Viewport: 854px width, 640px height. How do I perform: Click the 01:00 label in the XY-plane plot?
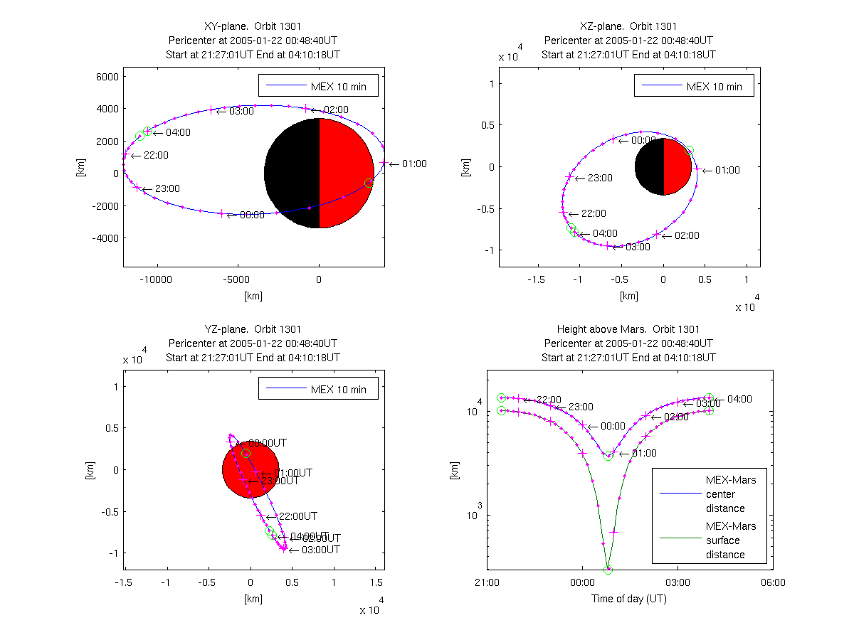[413, 164]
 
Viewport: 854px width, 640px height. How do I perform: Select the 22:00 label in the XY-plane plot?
[156, 155]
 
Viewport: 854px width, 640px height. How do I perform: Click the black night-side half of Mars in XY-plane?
[292, 173]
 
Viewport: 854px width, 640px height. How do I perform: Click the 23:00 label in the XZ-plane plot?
[599, 178]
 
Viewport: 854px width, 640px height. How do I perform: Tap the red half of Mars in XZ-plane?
[677, 166]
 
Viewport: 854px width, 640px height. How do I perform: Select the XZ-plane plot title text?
[628, 26]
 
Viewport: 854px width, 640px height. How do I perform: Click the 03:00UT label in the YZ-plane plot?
[320, 550]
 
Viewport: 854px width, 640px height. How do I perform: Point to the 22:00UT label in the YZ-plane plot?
[297, 516]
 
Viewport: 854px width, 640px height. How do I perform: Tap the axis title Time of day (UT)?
[629, 599]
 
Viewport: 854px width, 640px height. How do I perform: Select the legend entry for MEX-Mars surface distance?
[730, 540]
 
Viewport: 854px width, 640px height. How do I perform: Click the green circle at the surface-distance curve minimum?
[608, 570]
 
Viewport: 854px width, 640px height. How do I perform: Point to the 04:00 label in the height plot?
[739, 399]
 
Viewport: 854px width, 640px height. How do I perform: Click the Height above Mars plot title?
[628, 329]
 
